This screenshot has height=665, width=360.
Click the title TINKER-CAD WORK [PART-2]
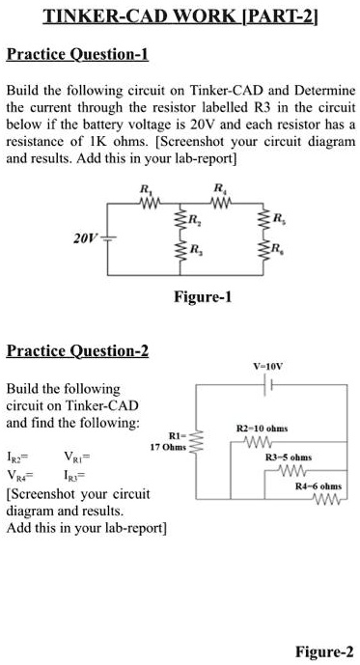click(180, 16)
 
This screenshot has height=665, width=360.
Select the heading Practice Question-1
click(78, 53)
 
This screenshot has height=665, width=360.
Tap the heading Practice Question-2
click(78, 350)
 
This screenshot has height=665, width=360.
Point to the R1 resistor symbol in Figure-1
click(147, 204)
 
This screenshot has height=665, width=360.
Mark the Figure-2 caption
click(324, 651)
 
